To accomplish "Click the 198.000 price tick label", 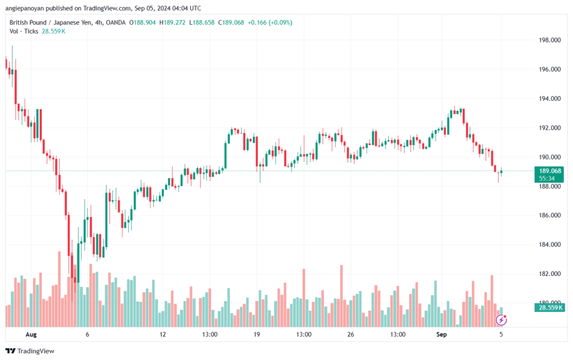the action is tap(549, 40).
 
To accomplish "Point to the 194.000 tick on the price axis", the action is tap(549, 99).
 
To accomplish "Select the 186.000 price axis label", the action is tap(549, 215).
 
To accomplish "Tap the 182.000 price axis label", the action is tap(549, 274).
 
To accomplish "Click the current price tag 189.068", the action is tap(550, 171).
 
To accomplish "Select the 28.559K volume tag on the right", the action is tap(550, 307).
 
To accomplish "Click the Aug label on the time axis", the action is tap(31, 334).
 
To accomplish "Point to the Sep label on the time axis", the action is tap(442, 334).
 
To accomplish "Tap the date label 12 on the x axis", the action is tap(163, 334).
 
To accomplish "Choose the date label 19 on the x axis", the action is tap(256, 334).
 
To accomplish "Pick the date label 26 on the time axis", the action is tap(350, 334).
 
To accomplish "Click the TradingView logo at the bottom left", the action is tap(30, 351).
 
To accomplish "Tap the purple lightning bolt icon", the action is tap(501, 320).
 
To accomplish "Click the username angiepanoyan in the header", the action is tap(25, 8).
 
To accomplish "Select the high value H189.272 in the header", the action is tap(172, 22).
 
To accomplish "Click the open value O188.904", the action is tap(142, 22).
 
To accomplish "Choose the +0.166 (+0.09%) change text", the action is tap(270, 22).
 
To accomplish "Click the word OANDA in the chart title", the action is tap(115, 22).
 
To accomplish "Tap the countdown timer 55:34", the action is tap(547, 179).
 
